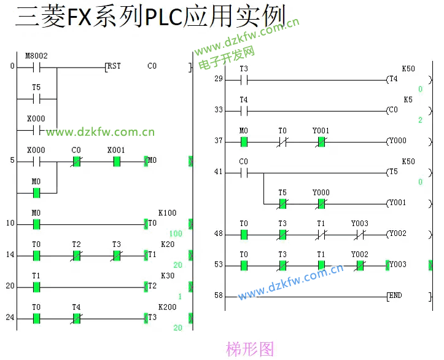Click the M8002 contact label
coord(36,56)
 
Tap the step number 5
coord(12,161)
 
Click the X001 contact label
coord(116,150)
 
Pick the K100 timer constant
coord(167,213)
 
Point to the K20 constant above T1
coord(167,245)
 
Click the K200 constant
coord(167,307)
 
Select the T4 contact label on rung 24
coord(76,307)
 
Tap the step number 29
coord(219,79)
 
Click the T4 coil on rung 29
coord(393,79)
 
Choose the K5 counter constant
coord(408,100)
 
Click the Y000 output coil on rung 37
coord(397,141)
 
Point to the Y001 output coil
coord(397,203)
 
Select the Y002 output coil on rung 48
coord(397,234)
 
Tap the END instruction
coord(395,296)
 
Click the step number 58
coord(219,296)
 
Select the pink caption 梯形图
coord(250,350)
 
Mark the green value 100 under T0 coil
coord(176,234)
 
